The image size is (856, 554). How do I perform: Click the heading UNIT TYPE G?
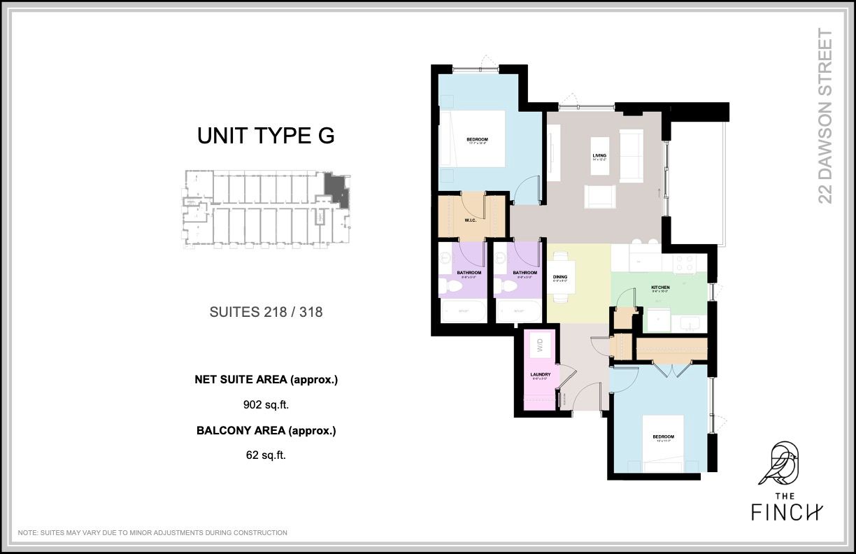[266, 136]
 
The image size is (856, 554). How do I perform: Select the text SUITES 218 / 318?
[266, 312]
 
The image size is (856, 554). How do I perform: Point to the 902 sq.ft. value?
[266, 404]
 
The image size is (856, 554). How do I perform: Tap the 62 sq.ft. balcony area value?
[266, 455]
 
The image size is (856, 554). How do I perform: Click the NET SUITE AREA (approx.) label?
[266, 380]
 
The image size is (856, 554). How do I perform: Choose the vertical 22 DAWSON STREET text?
[826, 116]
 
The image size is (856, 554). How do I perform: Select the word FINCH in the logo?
[787, 512]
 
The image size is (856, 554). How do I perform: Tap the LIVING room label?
[599, 155]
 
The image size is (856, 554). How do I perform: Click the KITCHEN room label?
[660, 287]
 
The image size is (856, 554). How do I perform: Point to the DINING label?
[560, 277]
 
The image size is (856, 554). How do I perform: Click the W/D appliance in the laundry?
[540, 344]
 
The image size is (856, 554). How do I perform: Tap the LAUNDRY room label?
[541, 375]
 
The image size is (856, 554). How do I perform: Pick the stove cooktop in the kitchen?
[684, 263]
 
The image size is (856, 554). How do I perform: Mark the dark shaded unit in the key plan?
[337, 189]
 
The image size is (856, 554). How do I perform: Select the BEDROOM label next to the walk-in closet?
[477, 140]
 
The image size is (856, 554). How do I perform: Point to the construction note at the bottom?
[152, 533]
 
